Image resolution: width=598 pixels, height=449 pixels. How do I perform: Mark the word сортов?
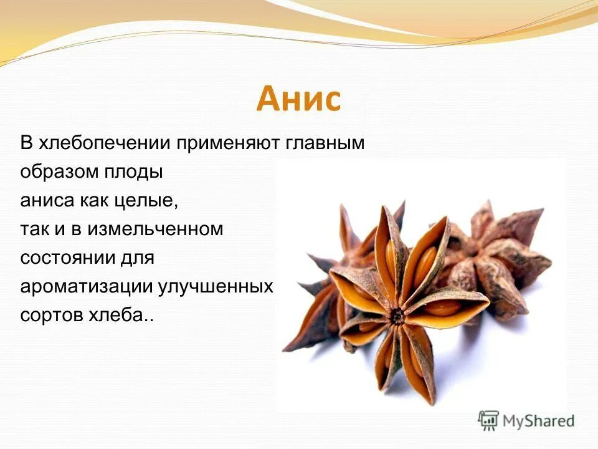coord(50,316)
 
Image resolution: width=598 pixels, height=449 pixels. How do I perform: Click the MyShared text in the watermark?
coord(539,421)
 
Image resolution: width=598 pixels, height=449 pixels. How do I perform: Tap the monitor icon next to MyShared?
coord(490,420)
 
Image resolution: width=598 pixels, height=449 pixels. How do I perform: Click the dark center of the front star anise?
coord(397,316)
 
